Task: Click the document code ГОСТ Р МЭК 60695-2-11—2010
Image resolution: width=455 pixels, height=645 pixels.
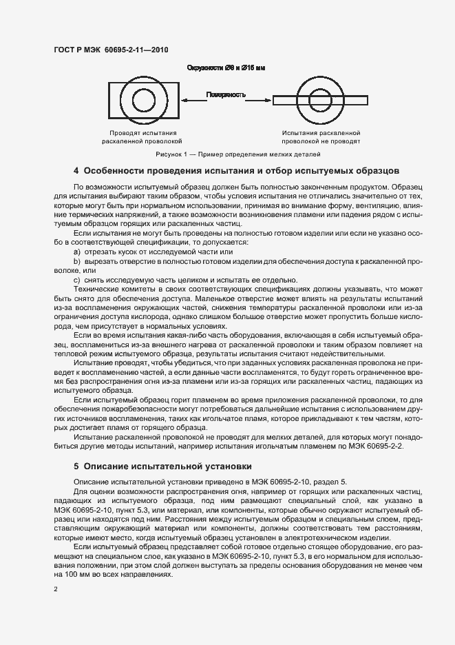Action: pos(111,50)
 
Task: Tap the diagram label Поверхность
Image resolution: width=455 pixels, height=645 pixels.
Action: pos(226,94)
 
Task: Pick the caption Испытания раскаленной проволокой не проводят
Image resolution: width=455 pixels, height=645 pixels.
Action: pos(321,136)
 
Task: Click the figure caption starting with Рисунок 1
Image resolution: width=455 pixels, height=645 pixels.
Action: pos(227,154)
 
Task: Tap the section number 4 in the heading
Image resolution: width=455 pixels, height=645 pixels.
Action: pos(76,170)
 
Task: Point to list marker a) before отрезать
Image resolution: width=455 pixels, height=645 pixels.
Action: pos(76,252)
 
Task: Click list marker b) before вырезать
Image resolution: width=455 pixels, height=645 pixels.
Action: pos(76,262)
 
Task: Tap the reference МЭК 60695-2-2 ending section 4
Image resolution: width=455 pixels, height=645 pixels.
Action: pos(374,447)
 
